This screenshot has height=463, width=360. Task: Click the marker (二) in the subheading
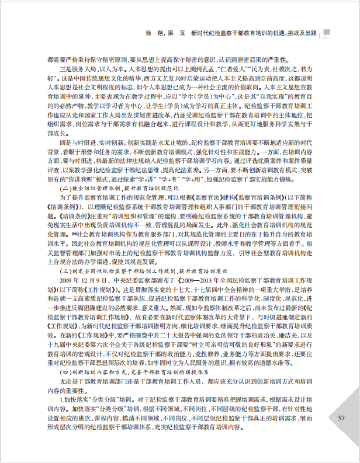(65, 189)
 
